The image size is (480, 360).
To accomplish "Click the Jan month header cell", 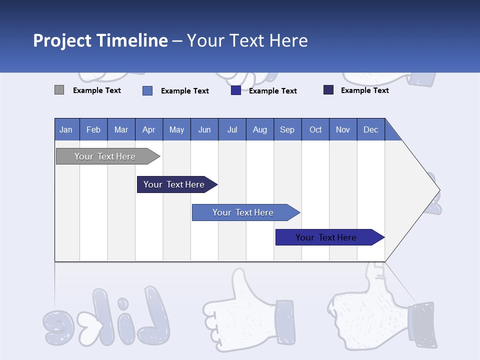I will (66, 129).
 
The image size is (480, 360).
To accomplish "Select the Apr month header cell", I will (149, 129).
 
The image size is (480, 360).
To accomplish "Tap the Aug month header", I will (260, 129).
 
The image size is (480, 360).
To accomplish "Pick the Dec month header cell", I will (370, 129).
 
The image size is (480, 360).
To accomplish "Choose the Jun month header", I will (204, 129).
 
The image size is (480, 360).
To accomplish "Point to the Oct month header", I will (315, 129).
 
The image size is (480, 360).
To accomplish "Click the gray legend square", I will (59, 90).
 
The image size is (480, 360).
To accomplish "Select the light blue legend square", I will (147, 90).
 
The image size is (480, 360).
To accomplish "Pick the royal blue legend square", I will (236, 90).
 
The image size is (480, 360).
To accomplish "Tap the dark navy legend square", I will (328, 90).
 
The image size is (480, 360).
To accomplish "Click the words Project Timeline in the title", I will (100, 40).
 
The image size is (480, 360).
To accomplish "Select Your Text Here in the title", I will (247, 40).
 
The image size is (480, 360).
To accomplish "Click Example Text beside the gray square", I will (97, 90).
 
